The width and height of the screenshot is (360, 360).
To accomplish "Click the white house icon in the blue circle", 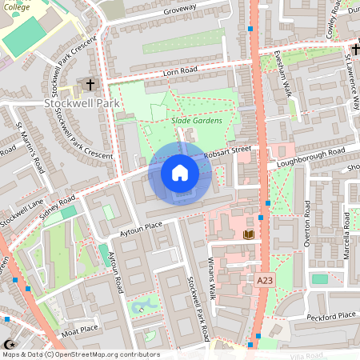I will point(179,172).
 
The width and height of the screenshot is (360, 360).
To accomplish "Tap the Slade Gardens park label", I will point(196,121).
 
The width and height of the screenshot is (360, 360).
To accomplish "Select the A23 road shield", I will point(266,281).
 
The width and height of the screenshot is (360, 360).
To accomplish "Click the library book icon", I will point(248,234).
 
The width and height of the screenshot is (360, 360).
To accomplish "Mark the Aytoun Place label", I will point(142,227).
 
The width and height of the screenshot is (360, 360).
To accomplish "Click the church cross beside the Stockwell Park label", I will point(90,83).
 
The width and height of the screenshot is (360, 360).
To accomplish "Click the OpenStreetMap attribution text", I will point(80,354).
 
